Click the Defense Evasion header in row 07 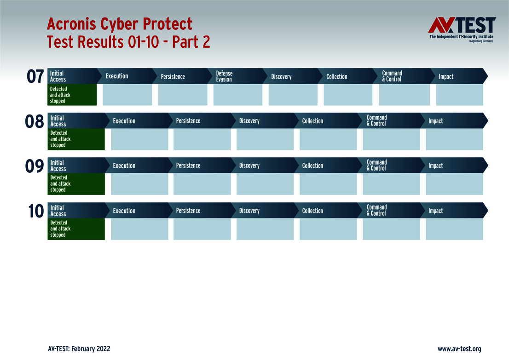point(224,76)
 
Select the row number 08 point(35,121)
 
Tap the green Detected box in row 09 point(76,184)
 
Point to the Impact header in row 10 point(436,211)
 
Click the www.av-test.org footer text point(459,349)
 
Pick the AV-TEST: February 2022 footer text point(79,349)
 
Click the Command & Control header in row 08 point(377,121)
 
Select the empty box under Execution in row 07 point(127,95)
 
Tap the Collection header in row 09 point(312,166)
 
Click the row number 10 point(35,211)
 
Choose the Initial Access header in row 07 point(58,76)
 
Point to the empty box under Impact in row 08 point(454,139)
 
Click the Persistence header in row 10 point(188,211)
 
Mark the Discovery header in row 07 point(281,77)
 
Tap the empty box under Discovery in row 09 point(265,184)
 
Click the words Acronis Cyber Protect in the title point(120,24)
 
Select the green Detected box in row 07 point(72,95)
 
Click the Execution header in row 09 point(124,166)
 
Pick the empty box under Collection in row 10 point(328,229)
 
